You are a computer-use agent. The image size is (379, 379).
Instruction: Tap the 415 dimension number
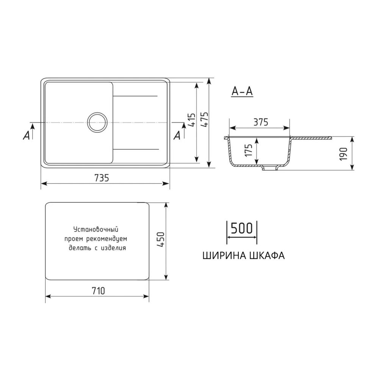click(x=191, y=121)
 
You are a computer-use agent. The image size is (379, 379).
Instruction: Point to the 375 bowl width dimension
click(x=261, y=122)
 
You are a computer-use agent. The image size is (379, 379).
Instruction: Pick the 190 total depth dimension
click(x=344, y=154)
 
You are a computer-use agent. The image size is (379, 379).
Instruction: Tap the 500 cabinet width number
click(x=241, y=228)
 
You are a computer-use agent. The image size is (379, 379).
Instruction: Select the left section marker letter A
click(x=26, y=135)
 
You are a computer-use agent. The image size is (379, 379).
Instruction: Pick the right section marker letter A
click(x=177, y=135)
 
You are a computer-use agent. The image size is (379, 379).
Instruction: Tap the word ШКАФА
click(x=267, y=255)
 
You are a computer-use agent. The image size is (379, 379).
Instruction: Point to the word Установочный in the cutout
click(x=96, y=229)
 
